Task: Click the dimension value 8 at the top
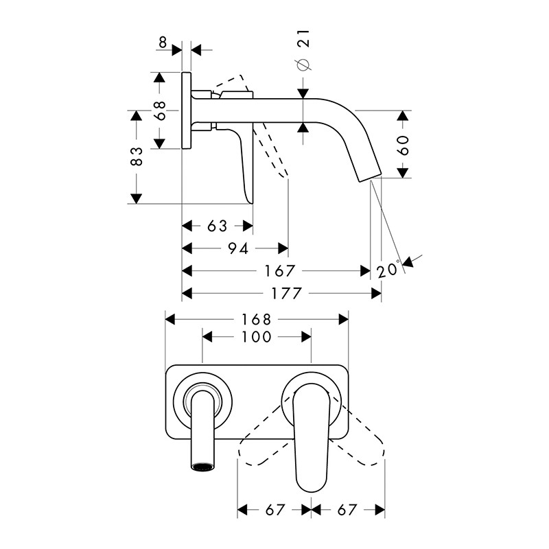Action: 163,43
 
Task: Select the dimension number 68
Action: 160,110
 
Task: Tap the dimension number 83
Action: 137,156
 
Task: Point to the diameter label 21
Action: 303,38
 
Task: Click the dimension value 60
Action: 403,145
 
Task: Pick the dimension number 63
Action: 217,226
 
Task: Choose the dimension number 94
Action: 238,248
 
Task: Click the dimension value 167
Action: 280,271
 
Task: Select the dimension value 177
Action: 286,294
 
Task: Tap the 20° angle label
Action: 388,269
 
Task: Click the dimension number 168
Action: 257,319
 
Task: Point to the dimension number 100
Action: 257,337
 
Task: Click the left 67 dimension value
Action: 276,510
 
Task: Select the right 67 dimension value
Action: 347,510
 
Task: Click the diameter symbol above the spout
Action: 303,65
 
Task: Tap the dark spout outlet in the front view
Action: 202,467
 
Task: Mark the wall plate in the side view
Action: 186,110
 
